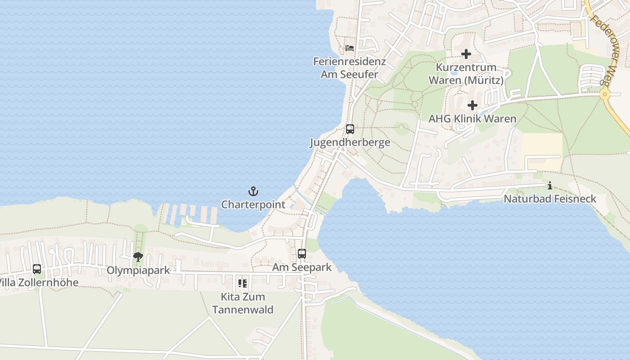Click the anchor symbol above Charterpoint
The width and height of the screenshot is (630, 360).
point(253,192)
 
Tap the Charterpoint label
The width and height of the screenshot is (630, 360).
point(253,205)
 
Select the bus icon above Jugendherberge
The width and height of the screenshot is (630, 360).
point(350,129)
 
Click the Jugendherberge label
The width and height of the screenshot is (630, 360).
point(350,143)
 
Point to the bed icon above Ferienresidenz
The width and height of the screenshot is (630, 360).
point(350,48)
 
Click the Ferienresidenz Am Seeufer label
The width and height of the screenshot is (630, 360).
point(350,67)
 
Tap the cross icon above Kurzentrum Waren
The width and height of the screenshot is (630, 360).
point(466,54)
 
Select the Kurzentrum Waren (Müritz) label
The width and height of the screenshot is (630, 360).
point(466,74)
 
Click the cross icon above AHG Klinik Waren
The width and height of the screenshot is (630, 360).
point(472,106)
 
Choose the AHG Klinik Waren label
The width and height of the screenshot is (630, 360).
point(472,119)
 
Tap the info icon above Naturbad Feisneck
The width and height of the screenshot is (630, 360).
point(549,185)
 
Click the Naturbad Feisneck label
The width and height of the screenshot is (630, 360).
point(549,199)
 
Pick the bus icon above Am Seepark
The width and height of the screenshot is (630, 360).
point(301,254)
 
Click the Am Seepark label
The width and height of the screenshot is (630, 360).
point(301,267)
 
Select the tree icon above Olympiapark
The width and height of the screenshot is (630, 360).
point(138,257)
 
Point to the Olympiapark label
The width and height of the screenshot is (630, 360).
point(138,270)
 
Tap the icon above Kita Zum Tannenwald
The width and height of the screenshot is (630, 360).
point(243,283)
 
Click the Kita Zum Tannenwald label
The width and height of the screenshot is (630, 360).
point(243,303)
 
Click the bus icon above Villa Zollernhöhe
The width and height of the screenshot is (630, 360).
point(37,269)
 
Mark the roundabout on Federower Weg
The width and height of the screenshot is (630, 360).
point(604,94)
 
